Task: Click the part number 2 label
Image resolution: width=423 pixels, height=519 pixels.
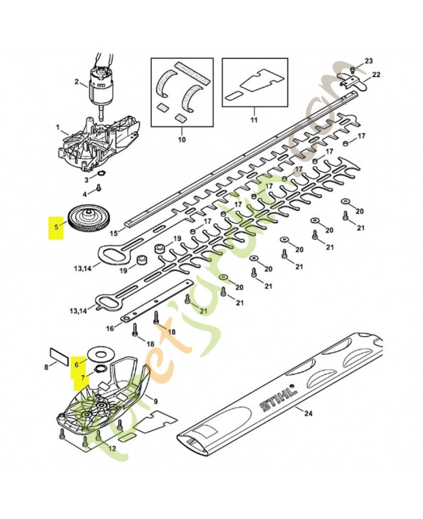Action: point(77,82)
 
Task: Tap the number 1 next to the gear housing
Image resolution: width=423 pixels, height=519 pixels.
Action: point(57,127)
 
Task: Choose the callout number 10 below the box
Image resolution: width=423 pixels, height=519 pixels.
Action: point(182,139)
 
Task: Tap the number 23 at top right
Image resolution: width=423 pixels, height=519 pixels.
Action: point(369,61)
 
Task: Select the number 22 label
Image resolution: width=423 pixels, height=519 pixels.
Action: point(376,75)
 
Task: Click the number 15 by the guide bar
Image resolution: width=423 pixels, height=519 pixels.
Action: point(113,233)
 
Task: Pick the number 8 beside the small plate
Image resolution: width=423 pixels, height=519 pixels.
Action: point(46,367)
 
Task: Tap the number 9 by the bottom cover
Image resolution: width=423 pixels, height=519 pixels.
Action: point(156,399)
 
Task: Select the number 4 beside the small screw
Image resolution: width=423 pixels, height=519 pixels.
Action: point(84,194)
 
